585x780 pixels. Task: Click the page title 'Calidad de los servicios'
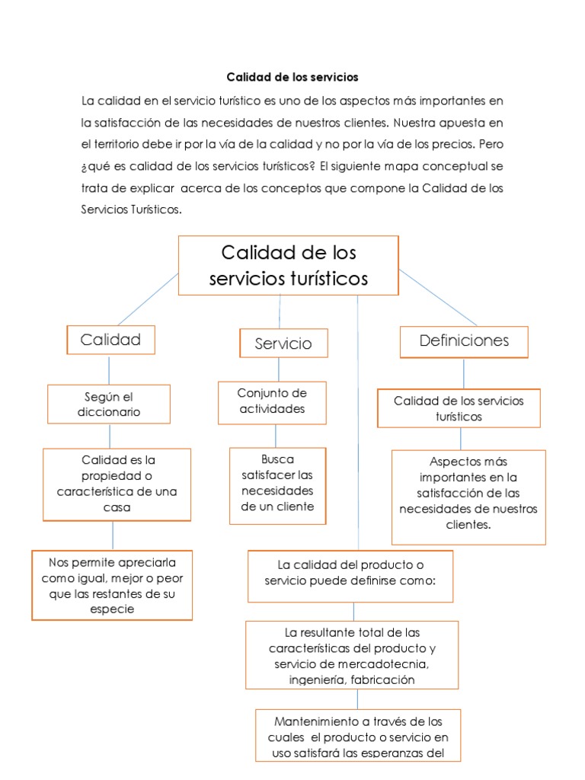(x=292, y=78)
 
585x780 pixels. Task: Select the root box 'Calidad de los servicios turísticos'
(x=288, y=265)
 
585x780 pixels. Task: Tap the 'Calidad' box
(x=110, y=340)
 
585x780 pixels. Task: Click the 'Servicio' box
(x=283, y=344)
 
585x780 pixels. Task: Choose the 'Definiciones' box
(x=464, y=341)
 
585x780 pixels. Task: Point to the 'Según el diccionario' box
(x=109, y=404)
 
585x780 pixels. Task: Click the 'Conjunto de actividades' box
(x=272, y=401)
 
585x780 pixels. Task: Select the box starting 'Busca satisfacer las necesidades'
(x=277, y=484)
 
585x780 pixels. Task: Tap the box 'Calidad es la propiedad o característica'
(x=117, y=484)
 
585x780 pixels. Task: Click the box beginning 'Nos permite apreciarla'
(x=112, y=585)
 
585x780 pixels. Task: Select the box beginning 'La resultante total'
(x=352, y=655)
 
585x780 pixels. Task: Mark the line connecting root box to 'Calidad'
(x=147, y=299)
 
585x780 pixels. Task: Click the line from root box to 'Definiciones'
(x=438, y=298)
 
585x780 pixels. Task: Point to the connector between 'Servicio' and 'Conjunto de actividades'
(x=279, y=369)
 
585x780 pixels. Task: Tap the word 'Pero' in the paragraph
(x=491, y=144)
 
